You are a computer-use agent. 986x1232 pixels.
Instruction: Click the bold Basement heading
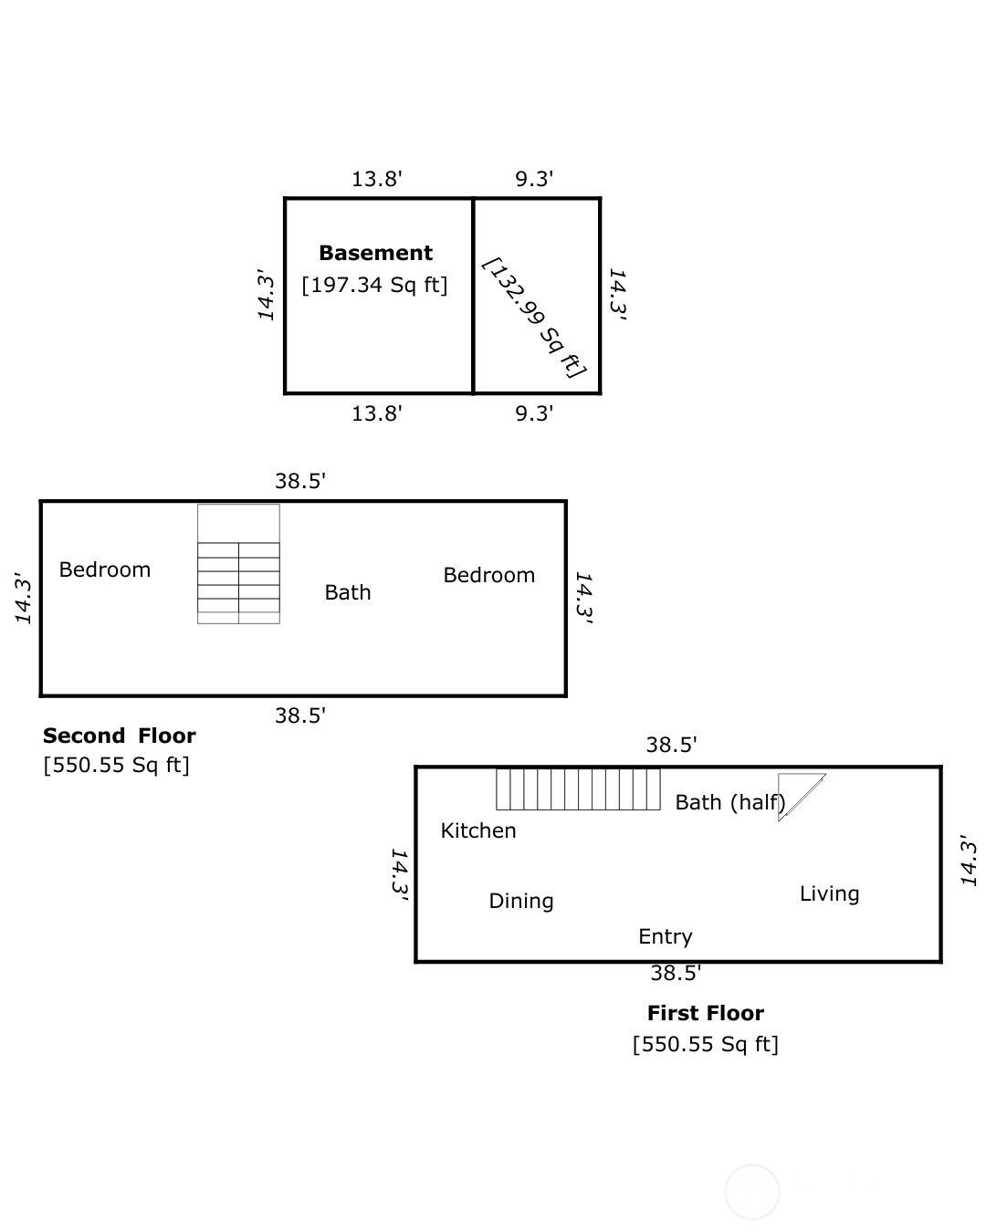click(x=375, y=253)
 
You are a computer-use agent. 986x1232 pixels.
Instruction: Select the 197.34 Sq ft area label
click(x=374, y=285)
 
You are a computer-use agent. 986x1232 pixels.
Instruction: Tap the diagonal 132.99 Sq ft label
click(x=534, y=318)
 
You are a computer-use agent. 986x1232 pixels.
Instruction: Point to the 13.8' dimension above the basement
click(x=376, y=179)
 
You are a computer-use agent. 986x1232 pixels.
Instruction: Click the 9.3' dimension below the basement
click(x=534, y=413)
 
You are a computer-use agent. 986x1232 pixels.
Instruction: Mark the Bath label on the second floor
click(x=347, y=592)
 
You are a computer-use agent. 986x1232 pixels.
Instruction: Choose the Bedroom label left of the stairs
click(x=105, y=569)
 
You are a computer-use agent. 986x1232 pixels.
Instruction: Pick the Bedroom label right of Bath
click(x=488, y=575)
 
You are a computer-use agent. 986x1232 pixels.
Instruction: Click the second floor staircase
click(x=238, y=564)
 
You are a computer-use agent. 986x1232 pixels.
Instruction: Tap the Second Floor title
click(x=120, y=736)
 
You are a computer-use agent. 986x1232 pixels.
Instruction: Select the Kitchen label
click(x=477, y=830)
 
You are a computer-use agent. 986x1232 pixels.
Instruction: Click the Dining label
click(x=520, y=901)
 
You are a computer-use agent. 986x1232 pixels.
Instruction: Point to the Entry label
click(x=666, y=936)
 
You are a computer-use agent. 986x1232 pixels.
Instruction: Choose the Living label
click(x=829, y=893)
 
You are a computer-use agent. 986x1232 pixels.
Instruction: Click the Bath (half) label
click(x=729, y=802)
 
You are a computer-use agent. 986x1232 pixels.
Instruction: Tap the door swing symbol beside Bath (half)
click(x=802, y=797)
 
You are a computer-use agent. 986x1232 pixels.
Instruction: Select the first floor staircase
click(x=578, y=788)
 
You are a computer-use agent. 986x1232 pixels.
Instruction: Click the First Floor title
click(x=706, y=1013)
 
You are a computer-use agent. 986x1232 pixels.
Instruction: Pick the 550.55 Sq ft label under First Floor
click(x=706, y=1044)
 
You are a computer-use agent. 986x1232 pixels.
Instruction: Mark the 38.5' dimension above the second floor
click(x=300, y=481)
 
